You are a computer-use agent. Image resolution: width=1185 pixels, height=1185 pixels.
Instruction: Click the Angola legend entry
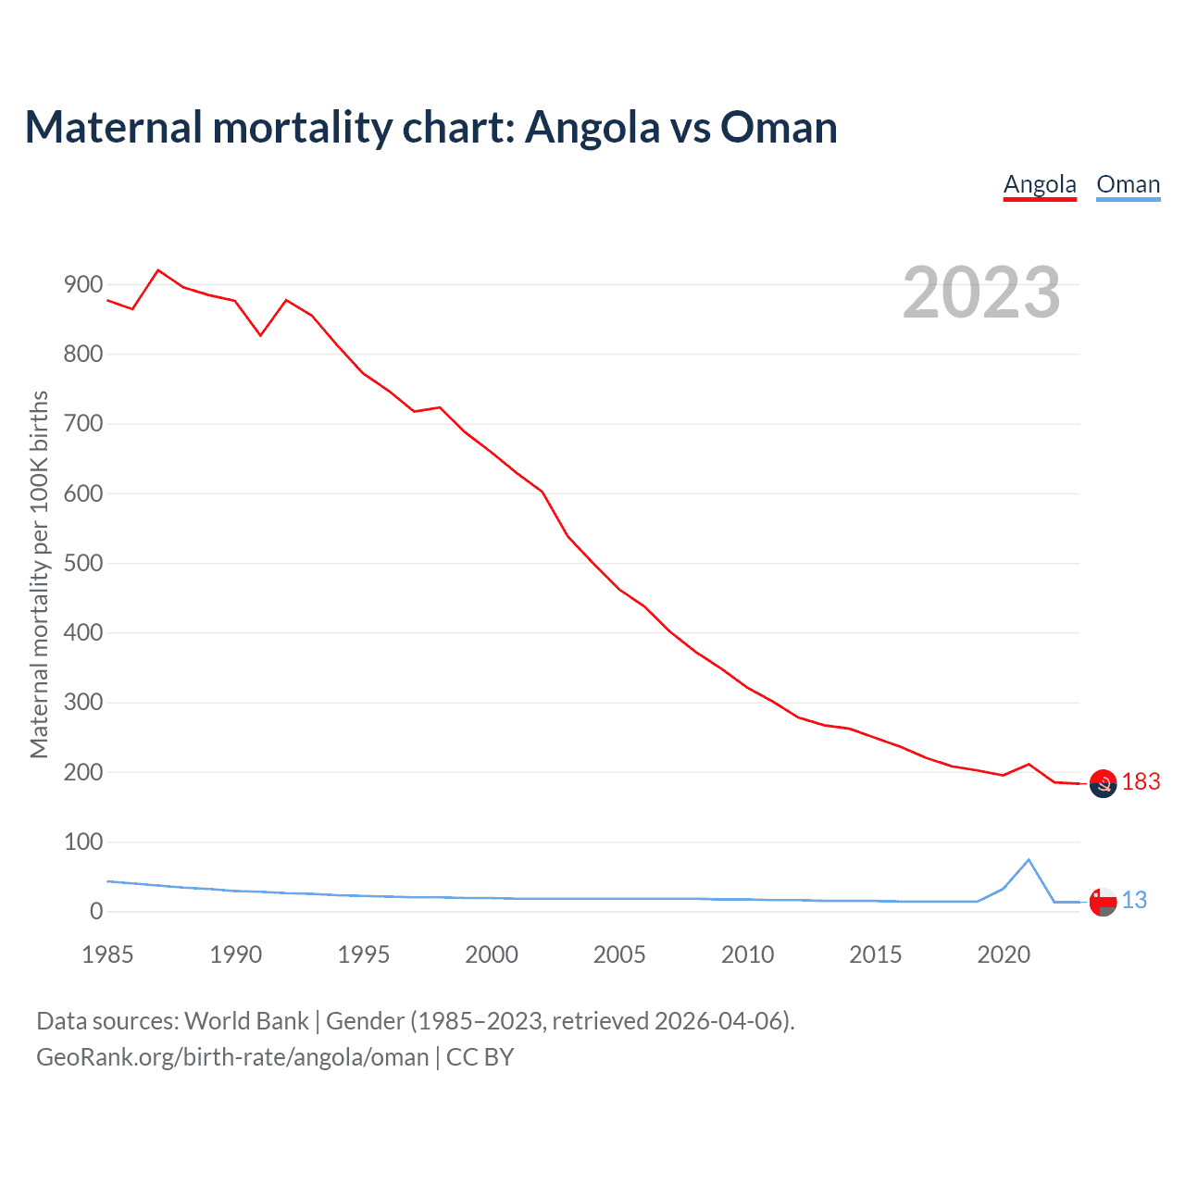1040,184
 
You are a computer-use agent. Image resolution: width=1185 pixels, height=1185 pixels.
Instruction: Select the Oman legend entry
1128,184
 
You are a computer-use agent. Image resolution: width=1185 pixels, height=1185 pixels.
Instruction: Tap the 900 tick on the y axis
83,285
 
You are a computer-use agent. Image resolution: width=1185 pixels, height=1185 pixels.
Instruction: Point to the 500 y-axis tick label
83,564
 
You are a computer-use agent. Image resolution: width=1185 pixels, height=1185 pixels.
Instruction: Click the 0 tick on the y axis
96,912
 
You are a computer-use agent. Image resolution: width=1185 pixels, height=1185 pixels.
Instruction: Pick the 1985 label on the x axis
107,954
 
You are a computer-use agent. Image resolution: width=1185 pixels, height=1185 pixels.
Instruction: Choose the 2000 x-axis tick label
492,954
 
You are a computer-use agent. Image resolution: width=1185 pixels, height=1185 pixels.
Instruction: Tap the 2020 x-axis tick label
1004,954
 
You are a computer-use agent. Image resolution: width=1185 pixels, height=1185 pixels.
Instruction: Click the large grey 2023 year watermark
981,293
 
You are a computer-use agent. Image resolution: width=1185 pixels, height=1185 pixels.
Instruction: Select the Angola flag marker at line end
1103,783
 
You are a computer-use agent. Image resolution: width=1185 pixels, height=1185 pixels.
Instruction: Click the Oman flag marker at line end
1103,901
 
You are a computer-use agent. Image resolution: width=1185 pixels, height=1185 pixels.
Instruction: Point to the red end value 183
1141,782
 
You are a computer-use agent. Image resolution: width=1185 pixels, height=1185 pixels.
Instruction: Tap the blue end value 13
1134,900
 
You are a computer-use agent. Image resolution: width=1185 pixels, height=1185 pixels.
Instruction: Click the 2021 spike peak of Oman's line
1029,860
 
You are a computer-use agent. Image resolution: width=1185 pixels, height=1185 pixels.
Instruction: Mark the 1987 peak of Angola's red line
158,270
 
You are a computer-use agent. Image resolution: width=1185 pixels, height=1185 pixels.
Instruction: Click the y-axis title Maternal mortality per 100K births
39,574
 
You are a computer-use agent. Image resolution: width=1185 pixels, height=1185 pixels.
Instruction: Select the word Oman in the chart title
779,128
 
